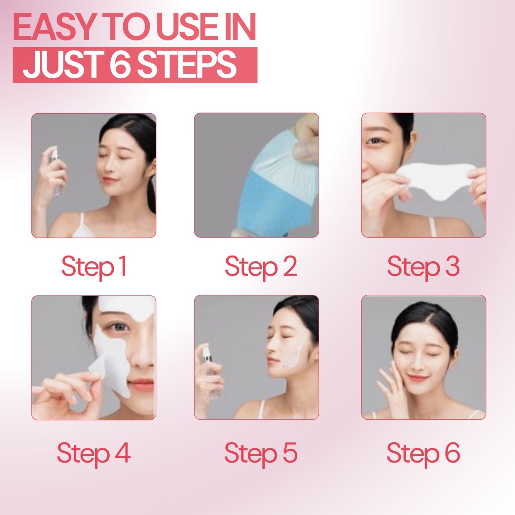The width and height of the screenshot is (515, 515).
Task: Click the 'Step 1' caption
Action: tap(94, 267)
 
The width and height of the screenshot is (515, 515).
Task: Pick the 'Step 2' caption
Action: tap(261, 267)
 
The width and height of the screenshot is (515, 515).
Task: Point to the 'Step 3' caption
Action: tap(423, 267)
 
